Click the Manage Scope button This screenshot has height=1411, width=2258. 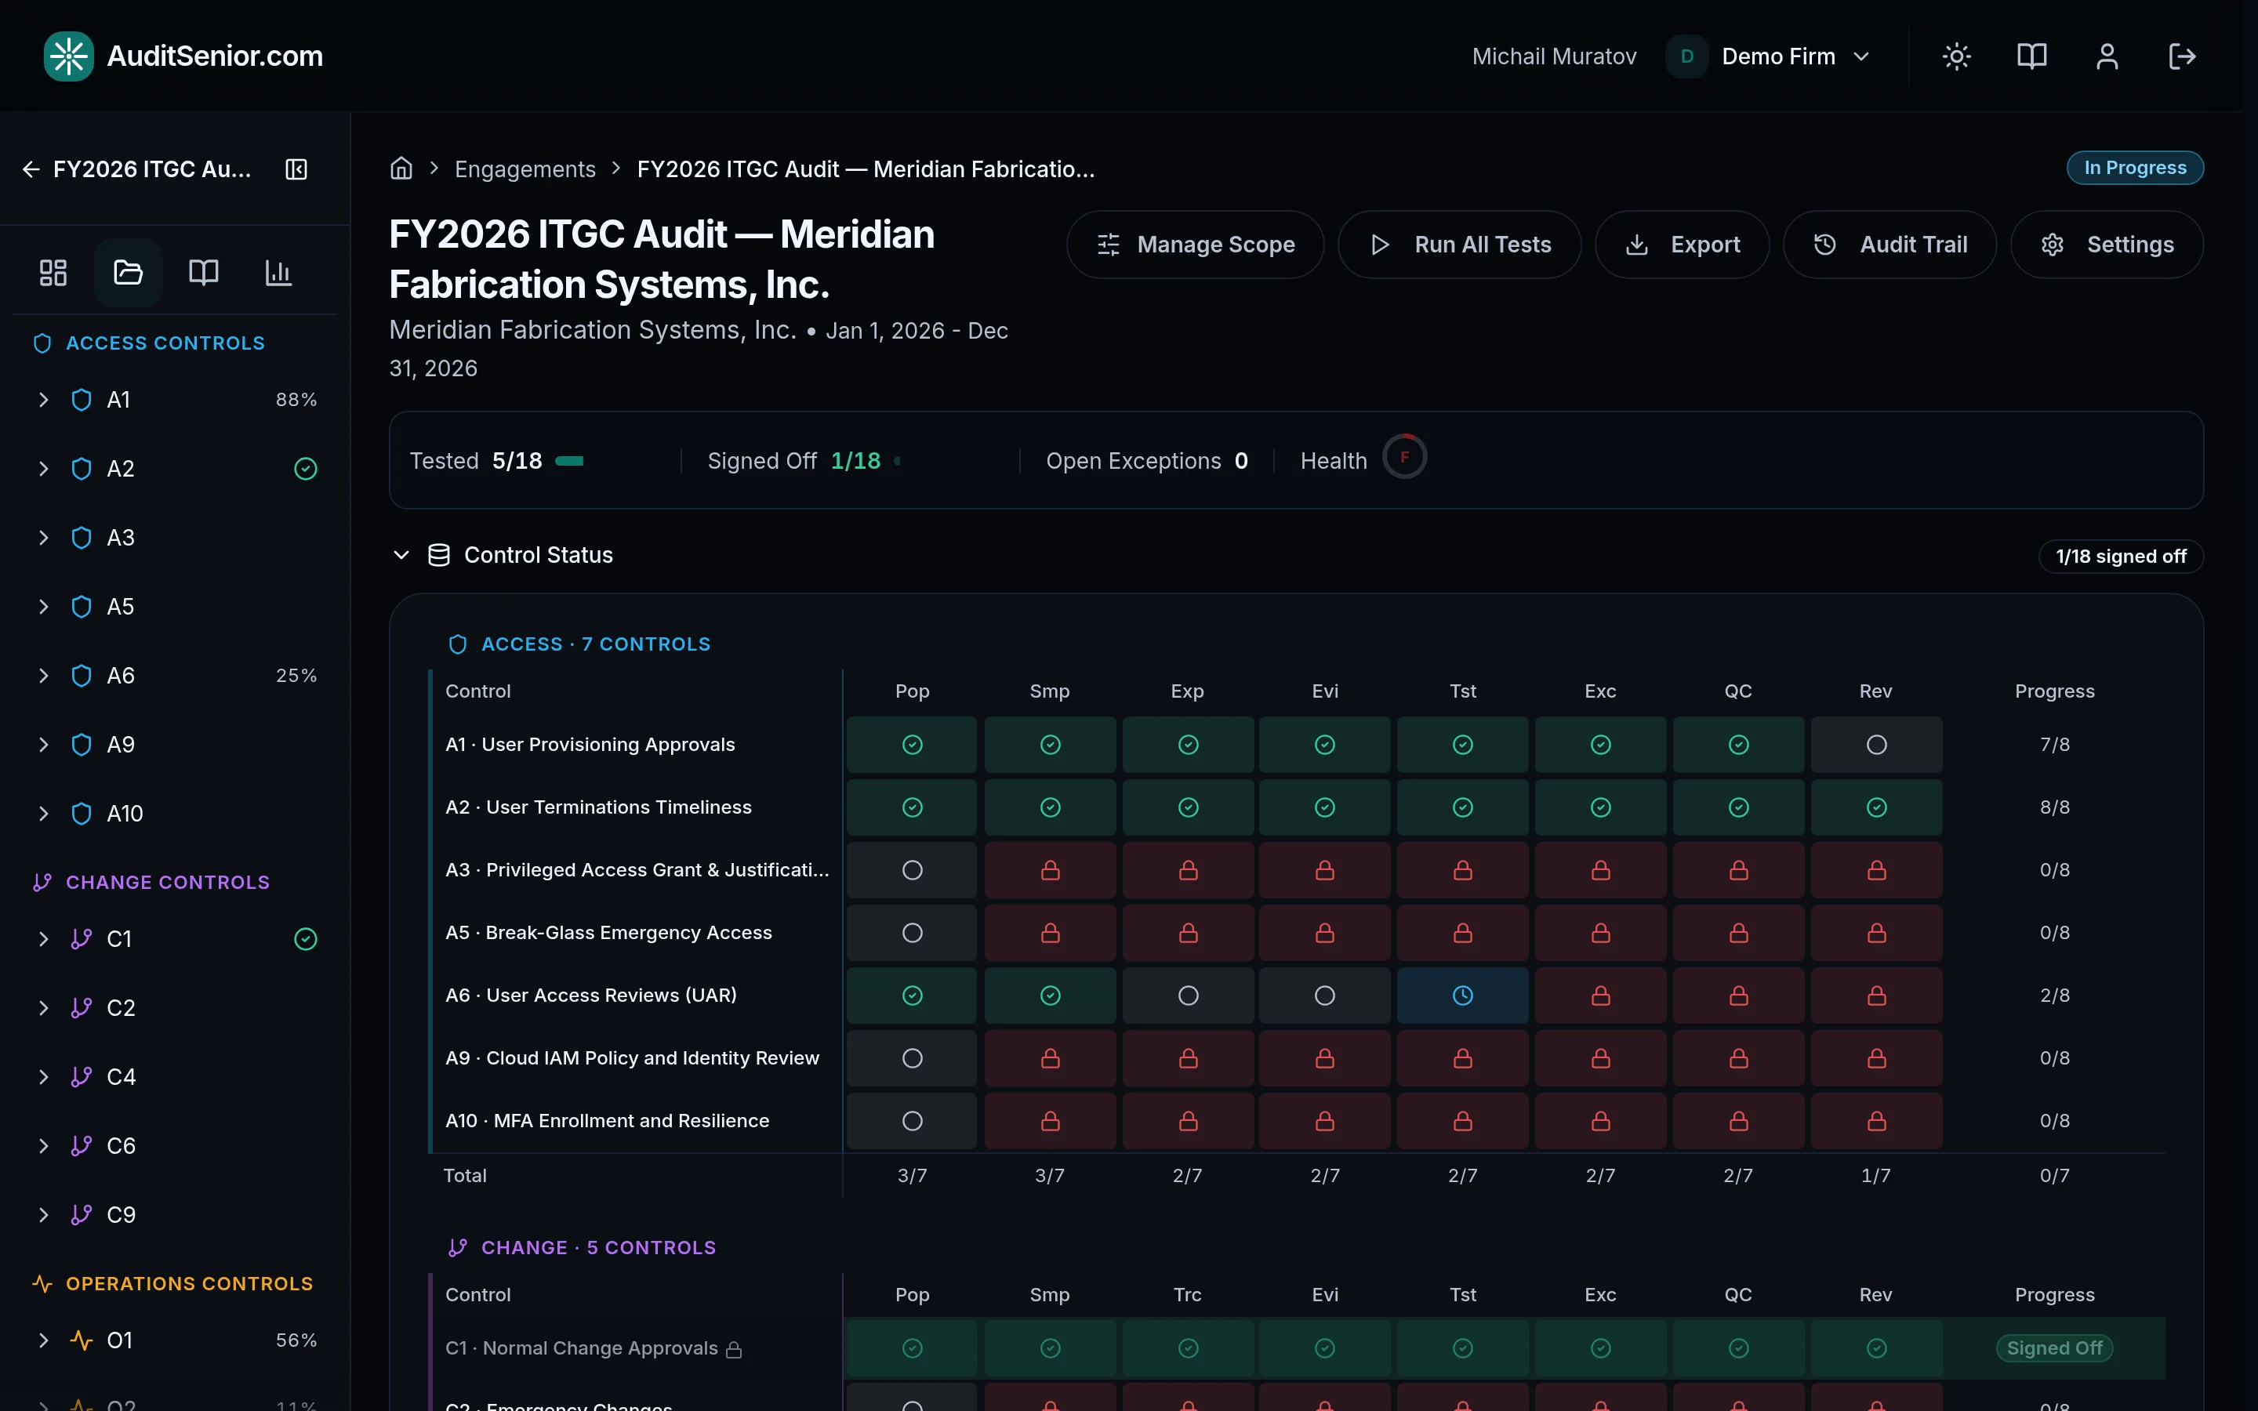1195,245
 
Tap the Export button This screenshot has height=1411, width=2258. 1682,245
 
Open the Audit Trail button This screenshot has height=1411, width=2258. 1890,245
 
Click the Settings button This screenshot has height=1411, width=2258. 2107,245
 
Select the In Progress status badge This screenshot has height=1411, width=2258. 2135,168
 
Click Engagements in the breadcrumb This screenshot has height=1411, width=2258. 525,169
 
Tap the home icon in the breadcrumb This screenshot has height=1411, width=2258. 401,168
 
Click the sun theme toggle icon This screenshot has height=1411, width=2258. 1957,56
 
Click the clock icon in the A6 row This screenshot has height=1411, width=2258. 1463,996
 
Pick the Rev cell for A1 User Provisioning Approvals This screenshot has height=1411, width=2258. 1876,745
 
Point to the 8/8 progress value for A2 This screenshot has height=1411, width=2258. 2055,807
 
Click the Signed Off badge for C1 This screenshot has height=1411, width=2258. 2055,1348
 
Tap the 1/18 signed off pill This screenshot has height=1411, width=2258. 2121,557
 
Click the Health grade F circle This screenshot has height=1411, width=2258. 1404,457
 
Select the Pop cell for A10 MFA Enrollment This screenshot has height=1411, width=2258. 912,1121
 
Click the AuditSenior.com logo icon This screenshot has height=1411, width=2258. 69,56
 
